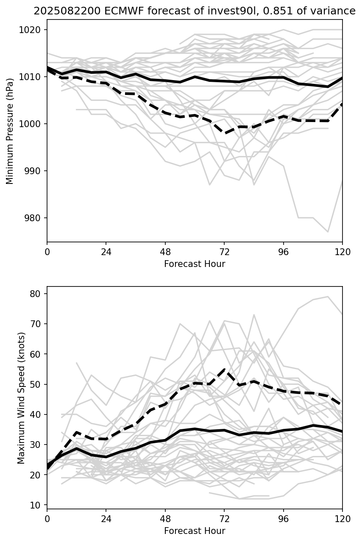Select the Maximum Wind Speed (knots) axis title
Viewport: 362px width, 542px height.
click(21, 397)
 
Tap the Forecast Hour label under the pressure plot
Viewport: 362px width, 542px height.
click(195, 264)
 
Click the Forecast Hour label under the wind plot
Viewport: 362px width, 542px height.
click(195, 531)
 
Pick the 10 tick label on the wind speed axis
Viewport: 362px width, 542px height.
click(37, 505)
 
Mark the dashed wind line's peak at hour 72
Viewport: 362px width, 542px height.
click(224, 369)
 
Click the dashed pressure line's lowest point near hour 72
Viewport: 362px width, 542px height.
click(225, 133)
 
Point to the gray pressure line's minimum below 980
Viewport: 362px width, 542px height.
click(328, 232)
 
